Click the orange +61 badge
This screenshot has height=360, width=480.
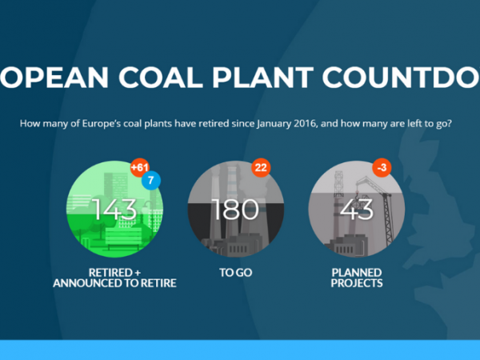pos(139,167)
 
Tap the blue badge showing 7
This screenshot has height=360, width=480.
pos(151,180)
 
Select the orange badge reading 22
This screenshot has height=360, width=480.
pos(261,167)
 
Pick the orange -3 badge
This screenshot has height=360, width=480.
pos(382,167)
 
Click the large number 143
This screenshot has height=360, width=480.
pos(114,210)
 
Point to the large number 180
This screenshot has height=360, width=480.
pos(235,210)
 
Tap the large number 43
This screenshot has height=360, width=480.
pos(357,210)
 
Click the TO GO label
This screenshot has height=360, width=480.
pos(236,273)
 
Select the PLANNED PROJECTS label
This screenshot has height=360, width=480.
pos(357,278)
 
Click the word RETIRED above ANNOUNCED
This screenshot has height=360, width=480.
pos(110,273)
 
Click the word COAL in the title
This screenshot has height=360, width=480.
pos(161,77)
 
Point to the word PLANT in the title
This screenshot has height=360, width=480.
pos(262,77)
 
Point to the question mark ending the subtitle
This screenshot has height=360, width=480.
pos(449,123)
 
